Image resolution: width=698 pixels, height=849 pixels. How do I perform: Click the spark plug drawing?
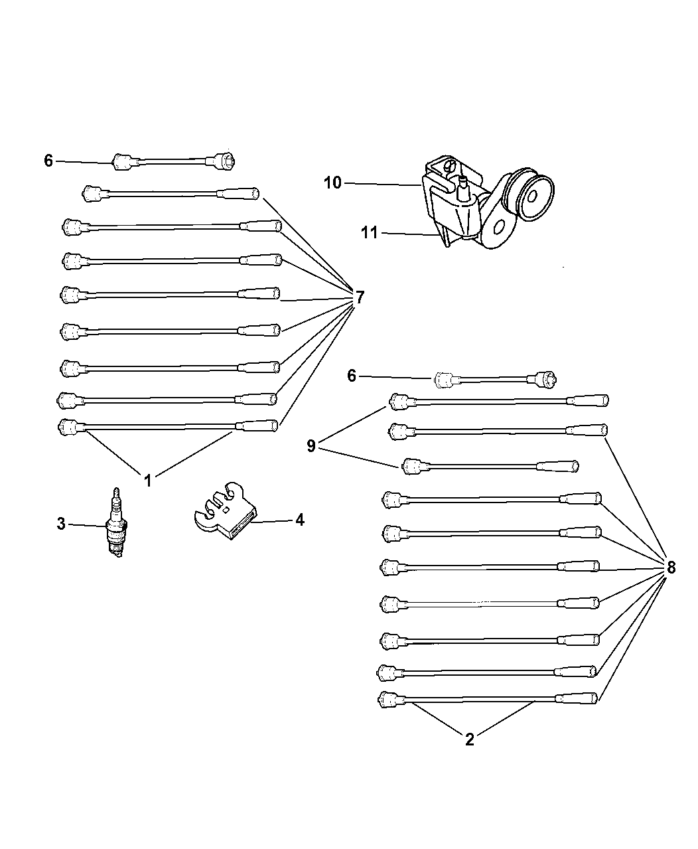(116, 522)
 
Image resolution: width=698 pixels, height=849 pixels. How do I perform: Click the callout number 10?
(332, 183)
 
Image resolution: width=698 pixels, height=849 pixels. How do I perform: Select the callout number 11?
(370, 233)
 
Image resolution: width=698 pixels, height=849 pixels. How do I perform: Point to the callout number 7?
(360, 297)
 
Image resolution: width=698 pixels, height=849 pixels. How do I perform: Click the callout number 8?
(671, 568)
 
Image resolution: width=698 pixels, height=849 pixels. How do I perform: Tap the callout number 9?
(311, 446)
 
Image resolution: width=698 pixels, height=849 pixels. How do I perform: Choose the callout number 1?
(148, 481)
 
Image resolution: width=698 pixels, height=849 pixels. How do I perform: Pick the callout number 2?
(470, 739)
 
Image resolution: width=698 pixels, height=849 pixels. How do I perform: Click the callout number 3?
(61, 524)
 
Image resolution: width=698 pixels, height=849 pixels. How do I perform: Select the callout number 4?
(300, 520)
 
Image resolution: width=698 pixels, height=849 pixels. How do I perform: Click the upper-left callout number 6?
(48, 161)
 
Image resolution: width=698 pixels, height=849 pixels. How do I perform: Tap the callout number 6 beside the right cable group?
(352, 376)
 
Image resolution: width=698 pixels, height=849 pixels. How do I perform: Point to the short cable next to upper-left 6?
(173, 161)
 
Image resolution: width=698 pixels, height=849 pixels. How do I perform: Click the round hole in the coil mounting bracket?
(500, 228)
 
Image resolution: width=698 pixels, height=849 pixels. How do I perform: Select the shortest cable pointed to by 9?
(490, 466)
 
